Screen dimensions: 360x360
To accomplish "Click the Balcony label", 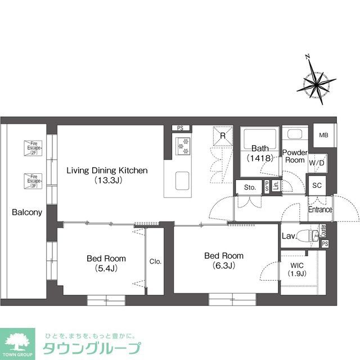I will (x=26, y=213).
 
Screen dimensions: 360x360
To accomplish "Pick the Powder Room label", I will (x=294, y=156).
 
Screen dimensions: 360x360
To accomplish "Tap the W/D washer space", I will (x=317, y=163).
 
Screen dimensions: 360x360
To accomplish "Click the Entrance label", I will (x=320, y=210).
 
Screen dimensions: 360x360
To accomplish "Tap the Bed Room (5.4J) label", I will (x=106, y=263).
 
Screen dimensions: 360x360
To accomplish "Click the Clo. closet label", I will (x=155, y=261).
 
